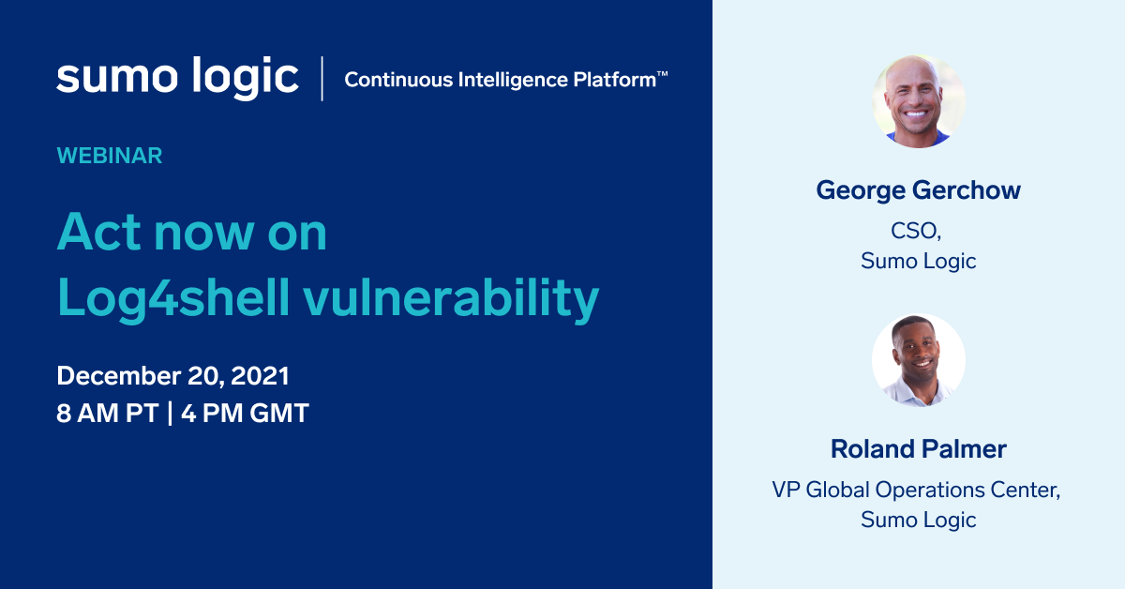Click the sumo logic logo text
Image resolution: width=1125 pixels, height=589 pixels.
click(177, 78)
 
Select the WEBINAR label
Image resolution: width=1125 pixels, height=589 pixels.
click(110, 156)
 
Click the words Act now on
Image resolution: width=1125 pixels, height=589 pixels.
click(192, 232)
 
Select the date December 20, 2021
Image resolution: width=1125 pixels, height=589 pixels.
click(172, 376)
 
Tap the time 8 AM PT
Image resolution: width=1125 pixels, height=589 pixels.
click(107, 414)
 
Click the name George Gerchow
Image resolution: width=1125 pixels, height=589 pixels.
click(918, 190)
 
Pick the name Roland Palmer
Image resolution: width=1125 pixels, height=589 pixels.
click(918, 449)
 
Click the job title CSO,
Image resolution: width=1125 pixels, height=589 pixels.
click(918, 232)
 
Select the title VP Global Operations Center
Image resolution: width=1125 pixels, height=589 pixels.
click(916, 490)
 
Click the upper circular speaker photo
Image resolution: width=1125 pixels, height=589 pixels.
click(918, 101)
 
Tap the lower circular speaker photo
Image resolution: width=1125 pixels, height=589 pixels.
click(918, 360)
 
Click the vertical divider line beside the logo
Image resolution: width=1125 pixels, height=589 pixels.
click(322, 79)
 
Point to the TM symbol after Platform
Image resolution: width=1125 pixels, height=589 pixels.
click(662, 73)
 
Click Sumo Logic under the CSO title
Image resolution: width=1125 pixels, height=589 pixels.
click(918, 261)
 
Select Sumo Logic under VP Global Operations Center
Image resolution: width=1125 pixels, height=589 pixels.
click(918, 519)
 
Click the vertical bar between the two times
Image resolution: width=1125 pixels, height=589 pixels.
click(170, 414)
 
